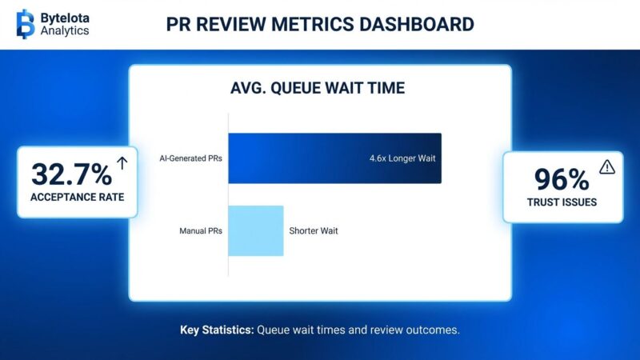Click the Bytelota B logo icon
pos(26,24)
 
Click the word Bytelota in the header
pos(65,18)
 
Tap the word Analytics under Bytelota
pos(65,30)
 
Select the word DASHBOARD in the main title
pos(417,24)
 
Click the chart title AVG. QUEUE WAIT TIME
pos(318,88)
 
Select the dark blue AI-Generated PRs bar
pos(334,158)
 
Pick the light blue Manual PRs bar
pos(256,230)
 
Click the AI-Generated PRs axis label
pos(190,158)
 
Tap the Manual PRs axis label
pos(201,231)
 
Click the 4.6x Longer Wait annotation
pos(402,158)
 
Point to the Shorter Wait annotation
pos(314,231)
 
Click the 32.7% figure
pos(71,174)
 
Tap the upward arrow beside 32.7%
pos(122,163)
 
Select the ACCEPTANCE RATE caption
pos(77,197)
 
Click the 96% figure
pos(562,179)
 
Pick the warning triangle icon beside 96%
pos(607,167)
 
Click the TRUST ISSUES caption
pos(562,202)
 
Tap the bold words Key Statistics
pos(217,330)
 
